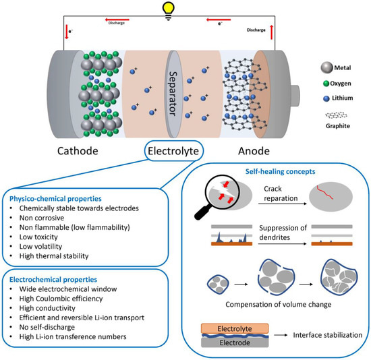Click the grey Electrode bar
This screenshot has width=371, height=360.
[233, 342]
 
